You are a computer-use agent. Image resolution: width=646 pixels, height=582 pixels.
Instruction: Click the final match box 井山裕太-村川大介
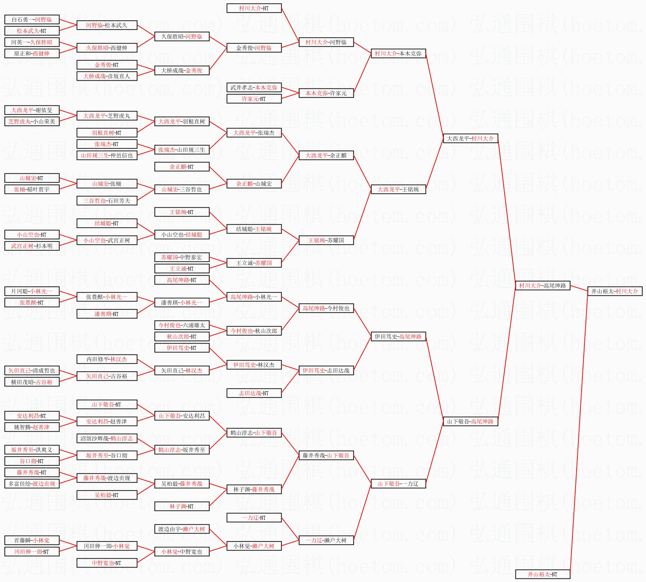tap(615, 291)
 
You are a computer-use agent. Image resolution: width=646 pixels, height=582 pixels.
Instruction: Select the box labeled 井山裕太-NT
tap(542, 574)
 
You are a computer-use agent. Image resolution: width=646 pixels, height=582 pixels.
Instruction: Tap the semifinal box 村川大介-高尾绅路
tap(542, 286)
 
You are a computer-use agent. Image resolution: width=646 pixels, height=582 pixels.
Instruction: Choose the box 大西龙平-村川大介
tap(470, 138)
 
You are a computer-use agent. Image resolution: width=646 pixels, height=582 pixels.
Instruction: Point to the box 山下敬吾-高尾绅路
tap(470, 421)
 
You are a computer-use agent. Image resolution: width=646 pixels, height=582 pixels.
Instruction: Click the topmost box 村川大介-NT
tap(254, 8)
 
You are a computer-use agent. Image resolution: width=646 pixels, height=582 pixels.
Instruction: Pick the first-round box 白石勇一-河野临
tap(31, 19)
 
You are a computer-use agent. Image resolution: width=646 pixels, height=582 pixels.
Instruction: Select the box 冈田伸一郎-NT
tap(31, 552)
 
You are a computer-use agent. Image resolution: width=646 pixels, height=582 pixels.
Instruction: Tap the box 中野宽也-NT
tap(106, 563)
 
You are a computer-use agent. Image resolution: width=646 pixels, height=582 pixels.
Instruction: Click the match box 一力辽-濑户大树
tap(326, 540)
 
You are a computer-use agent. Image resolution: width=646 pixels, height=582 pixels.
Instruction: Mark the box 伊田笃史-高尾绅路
tap(398, 336)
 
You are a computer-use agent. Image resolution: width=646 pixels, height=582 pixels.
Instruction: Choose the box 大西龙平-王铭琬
tap(398, 189)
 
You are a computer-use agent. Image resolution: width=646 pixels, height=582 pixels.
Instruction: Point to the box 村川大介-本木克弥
tap(398, 53)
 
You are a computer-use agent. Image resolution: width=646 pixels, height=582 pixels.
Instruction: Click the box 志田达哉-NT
tap(254, 393)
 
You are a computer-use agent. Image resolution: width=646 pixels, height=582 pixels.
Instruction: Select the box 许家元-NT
tap(254, 99)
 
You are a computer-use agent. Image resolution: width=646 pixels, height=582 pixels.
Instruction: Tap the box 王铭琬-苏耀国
tap(326, 240)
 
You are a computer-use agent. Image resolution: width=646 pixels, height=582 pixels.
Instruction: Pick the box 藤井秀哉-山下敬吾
tap(326, 455)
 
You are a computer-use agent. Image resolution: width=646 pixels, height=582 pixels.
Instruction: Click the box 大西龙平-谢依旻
tap(31, 110)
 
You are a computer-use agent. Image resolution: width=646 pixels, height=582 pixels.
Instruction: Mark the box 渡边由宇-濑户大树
tap(181, 529)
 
